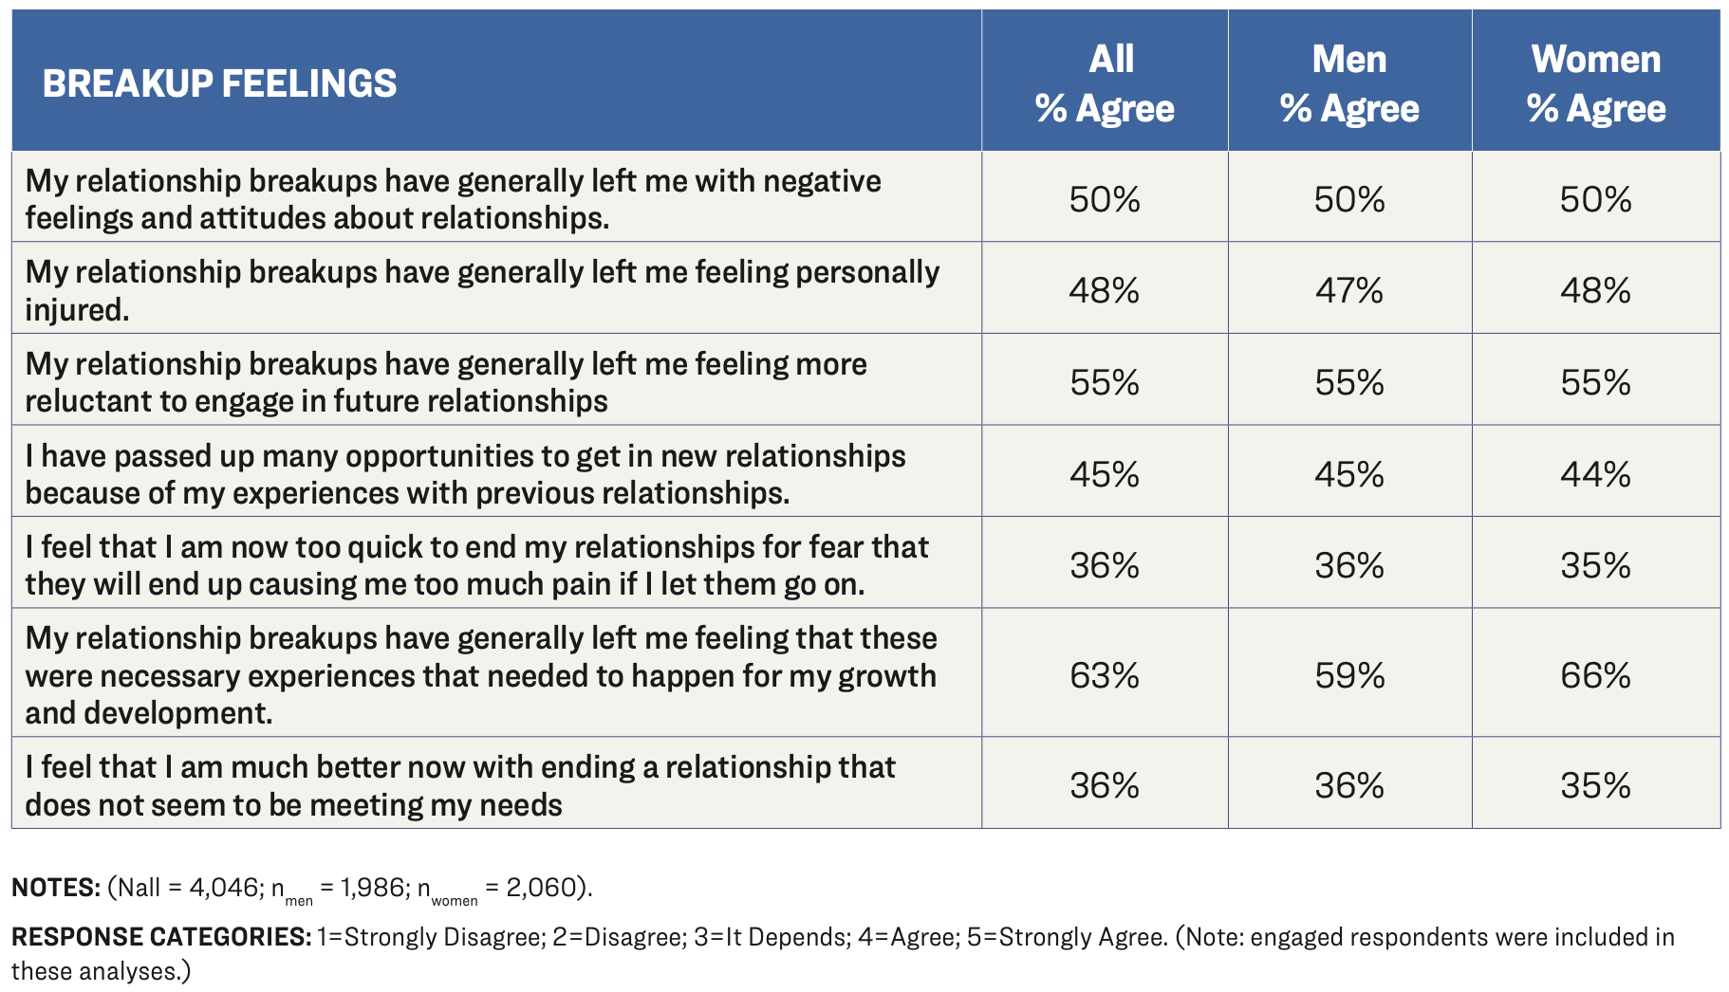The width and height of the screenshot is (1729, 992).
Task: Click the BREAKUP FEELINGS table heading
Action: tap(219, 83)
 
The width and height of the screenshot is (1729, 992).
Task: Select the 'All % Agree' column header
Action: tap(1105, 83)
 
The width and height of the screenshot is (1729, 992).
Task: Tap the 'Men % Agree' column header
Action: tap(1349, 83)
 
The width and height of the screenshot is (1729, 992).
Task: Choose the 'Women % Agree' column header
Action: tap(1596, 83)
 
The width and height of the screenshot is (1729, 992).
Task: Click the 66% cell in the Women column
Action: tap(1595, 675)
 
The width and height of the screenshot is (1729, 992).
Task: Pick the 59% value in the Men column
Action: tap(1349, 675)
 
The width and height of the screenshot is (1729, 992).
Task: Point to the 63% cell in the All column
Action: tap(1105, 675)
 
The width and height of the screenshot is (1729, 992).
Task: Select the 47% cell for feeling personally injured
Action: tap(1349, 290)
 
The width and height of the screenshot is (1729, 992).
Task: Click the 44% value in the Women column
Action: tap(1595, 474)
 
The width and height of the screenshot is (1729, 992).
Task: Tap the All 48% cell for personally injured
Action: tap(1105, 290)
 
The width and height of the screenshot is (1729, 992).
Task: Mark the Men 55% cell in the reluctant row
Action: tap(1349, 382)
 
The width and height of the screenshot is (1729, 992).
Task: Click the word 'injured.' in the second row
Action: tap(77, 310)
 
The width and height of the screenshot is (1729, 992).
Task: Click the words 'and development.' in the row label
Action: tap(149, 713)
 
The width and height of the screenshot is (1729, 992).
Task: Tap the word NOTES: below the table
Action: tap(55, 888)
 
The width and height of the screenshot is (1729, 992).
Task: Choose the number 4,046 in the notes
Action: tap(223, 888)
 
